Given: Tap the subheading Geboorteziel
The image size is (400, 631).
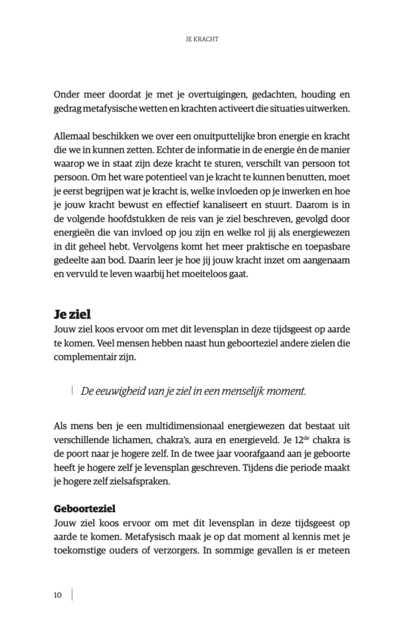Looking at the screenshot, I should tap(85, 509).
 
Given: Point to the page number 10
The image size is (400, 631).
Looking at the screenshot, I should tap(57, 595).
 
